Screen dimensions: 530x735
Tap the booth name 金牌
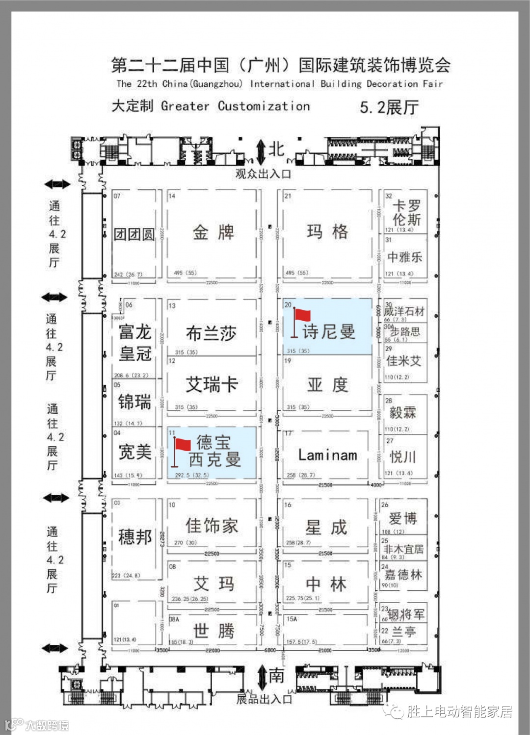tap(213, 232)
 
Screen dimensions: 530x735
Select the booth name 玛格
tap(327, 231)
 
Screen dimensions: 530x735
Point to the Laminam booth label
tap(327, 456)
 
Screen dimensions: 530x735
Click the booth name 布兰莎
tap(211, 333)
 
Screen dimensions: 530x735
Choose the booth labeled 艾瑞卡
tap(212, 384)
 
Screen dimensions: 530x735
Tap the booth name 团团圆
tap(134, 234)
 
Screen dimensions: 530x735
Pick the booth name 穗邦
tap(135, 537)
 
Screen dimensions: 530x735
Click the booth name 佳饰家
tap(212, 526)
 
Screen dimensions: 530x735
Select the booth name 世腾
tap(213, 631)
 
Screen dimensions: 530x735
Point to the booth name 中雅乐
tap(404, 257)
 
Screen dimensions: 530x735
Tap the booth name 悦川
tap(402, 457)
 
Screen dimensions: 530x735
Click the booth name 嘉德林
tap(403, 574)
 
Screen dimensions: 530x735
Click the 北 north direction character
tap(277, 149)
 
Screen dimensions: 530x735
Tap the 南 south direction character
tap(276, 676)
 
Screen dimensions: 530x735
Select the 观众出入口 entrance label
tap(263, 174)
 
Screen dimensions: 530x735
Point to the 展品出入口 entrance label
tap(264, 699)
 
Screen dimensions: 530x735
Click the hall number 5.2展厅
tap(389, 107)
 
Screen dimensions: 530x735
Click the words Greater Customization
tap(235, 106)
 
